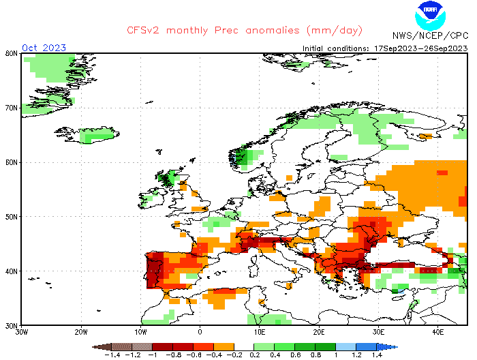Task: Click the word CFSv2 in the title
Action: [x=146, y=31]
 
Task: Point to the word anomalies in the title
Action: [x=269, y=31]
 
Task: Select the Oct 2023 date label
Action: [x=44, y=48]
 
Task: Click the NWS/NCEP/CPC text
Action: [x=430, y=35]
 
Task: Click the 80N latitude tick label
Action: [x=11, y=53]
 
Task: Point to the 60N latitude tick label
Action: [x=11, y=162]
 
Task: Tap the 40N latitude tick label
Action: [x=11, y=271]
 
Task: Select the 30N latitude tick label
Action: [x=11, y=325]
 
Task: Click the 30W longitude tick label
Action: [x=21, y=332]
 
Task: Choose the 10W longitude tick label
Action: [x=140, y=332]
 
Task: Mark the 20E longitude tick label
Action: [x=319, y=332]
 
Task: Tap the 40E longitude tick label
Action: [x=438, y=332]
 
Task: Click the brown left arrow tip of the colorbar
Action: [x=97, y=346]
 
